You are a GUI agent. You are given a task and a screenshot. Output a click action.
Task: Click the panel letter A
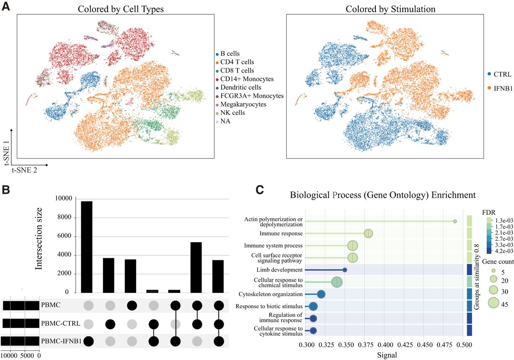tap(6, 6)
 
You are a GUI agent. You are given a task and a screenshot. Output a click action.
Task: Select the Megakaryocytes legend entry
tap(241, 104)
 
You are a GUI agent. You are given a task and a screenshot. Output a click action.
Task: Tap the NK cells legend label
tap(233, 113)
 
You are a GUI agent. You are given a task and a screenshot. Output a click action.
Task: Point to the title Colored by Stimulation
tap(390, 9)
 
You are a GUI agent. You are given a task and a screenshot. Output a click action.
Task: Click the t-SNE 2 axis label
tap(24, 170)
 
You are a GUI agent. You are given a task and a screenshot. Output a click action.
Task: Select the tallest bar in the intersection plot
tap(87, 247)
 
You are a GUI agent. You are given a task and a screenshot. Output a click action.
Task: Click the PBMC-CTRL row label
tap(61, 323)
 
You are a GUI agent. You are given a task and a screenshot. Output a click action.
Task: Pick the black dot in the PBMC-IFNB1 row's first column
tap(88, 341)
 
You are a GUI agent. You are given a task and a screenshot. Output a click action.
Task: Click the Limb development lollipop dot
tap(345, 270)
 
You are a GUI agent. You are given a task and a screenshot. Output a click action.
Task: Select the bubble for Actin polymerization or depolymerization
tap(455, 221)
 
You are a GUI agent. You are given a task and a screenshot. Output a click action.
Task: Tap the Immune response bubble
tap(368, 234)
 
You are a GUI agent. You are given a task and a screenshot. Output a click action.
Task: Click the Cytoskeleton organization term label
tap(271, 294)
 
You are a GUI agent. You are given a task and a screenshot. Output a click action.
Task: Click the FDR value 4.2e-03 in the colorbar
tap(504, 251)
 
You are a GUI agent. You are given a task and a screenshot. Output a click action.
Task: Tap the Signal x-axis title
tap(387, 355)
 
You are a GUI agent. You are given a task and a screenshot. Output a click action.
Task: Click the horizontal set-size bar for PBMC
tap(21, 306)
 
